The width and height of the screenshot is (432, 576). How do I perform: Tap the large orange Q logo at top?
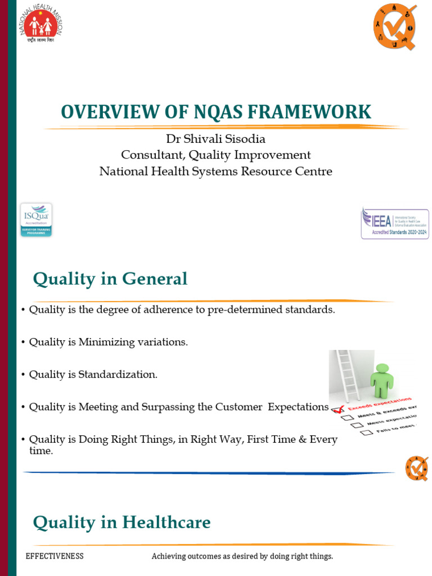[395, 25]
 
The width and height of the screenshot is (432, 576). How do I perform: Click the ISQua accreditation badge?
[36, 219]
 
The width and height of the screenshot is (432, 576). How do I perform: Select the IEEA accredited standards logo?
[395, 223]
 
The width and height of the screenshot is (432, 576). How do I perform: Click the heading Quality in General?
[110, 278]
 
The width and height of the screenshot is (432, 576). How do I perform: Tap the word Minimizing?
[111, 342]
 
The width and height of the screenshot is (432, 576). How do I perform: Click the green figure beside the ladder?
[382, 380]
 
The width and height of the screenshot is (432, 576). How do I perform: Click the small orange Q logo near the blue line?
[417, 468]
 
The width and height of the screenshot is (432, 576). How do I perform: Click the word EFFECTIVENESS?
[55, 556]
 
